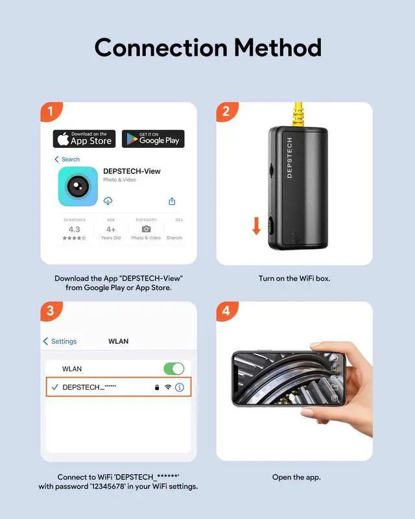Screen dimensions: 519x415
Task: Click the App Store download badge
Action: click(x=84, y=139)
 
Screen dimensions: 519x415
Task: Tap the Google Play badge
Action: click(x=153, y=139)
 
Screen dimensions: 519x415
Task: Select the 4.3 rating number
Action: click(x=75, y=229)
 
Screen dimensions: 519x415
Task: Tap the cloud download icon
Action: click(x=108, y=200)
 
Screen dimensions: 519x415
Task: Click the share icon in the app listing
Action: click(x=172, y=201)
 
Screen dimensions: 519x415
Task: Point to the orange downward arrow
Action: click(x=257, y=226)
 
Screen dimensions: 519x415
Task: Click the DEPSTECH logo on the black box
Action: click(x=289, y=158)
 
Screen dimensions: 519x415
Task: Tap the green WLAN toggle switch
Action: click(x=174, y=368)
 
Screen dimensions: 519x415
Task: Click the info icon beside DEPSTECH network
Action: click(x=180, y=387)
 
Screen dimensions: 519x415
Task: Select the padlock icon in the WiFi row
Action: click(x=157, y=387)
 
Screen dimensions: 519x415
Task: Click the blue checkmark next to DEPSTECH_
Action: click(x=54, y=387)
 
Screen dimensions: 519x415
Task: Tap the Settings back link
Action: click(x=60, y=341)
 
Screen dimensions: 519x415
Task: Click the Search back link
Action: click(x=67, y=159)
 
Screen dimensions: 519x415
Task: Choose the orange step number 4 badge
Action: click(x=226, y=311)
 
